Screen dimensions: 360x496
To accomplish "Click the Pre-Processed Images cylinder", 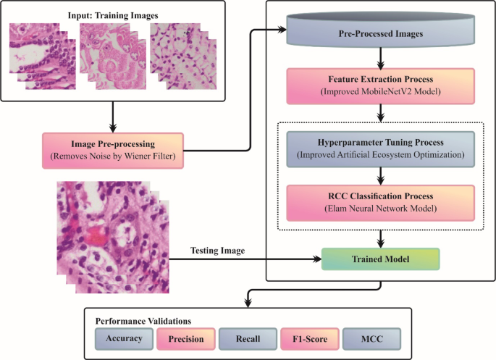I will click(381, 33).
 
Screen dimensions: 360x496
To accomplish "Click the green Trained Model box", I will click(381, 257).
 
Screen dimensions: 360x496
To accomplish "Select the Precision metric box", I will click(185, 337).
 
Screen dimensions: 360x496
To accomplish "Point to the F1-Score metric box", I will click(309, 337).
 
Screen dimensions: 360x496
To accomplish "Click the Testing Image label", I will click(217, 249).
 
